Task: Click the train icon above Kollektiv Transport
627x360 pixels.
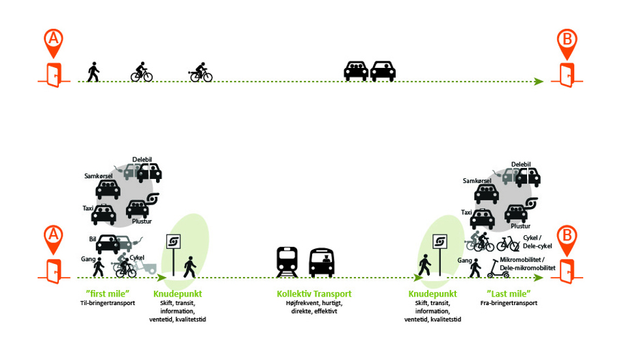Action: click(x=287, y=261)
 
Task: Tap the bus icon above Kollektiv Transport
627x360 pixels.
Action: click(x=321, y=262)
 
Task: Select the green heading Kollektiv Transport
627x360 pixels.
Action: click(x=314, y=294)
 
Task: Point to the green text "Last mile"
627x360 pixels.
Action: click(x=509, y=294)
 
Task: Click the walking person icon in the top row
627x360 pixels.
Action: click(x=93, y=72)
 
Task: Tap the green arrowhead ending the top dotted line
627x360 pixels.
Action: click(x=539, y=82)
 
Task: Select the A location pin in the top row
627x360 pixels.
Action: click(x=54, y=41)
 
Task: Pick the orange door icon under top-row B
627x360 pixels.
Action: click(x=567, y=76)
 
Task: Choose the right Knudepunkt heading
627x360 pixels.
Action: click(x=432, y=294)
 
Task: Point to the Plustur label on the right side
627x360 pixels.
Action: click(x=521, y=226)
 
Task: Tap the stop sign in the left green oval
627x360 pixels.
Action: click(x=173, y=243)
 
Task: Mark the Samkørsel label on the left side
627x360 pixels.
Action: click(x=97, y=176)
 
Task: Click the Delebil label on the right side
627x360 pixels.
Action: click(x=521, y=164)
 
